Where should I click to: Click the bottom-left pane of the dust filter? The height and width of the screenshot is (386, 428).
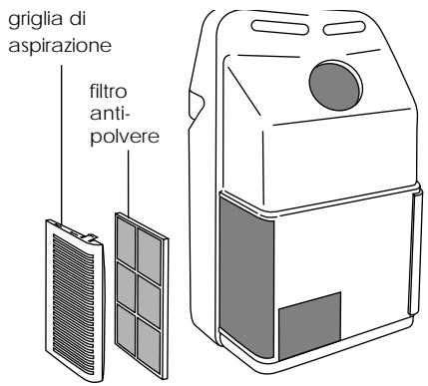129,323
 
